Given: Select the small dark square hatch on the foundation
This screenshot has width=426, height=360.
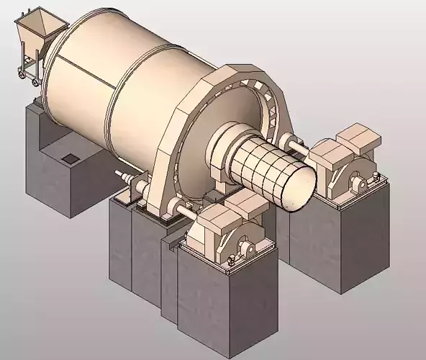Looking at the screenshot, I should pyautogui.click(x=70, y=158).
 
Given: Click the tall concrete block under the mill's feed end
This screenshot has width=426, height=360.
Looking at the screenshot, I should pyautogui.click(x=50, y=166).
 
